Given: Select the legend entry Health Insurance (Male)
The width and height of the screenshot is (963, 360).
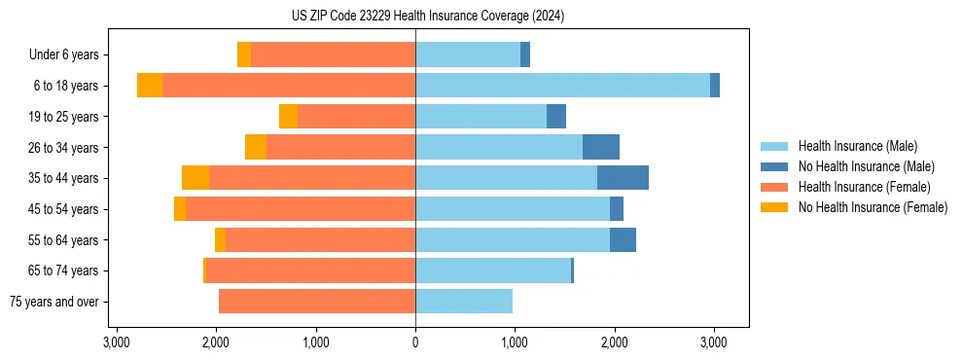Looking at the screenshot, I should tap(857, 146).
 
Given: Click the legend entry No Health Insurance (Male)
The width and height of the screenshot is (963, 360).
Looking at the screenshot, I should tap(866, 166).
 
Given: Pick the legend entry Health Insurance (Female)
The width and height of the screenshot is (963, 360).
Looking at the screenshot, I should tap(864, 187).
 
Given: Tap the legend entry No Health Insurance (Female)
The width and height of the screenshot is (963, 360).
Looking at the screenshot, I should tap(873, 207).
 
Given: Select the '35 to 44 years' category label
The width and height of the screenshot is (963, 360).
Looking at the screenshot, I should tap(64, 178).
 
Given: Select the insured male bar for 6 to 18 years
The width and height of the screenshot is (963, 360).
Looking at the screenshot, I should tap(562, 86).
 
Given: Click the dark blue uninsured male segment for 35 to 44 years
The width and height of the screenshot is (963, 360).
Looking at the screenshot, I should tap(623, 178).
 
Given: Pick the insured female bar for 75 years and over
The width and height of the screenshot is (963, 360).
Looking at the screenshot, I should tap(317, 302).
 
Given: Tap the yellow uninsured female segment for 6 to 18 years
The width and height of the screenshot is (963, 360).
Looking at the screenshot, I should tap(150, 86).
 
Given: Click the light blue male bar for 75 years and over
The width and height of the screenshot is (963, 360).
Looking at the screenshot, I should tap(464, 302).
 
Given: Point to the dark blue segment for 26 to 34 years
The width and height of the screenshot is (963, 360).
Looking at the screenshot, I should tap(601, 147).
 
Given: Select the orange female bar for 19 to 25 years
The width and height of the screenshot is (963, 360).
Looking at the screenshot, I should tap(356, 117).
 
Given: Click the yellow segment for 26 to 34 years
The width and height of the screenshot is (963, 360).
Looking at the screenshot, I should tap(256, 147).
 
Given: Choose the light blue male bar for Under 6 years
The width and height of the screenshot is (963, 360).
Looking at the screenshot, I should tap(468, 55).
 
